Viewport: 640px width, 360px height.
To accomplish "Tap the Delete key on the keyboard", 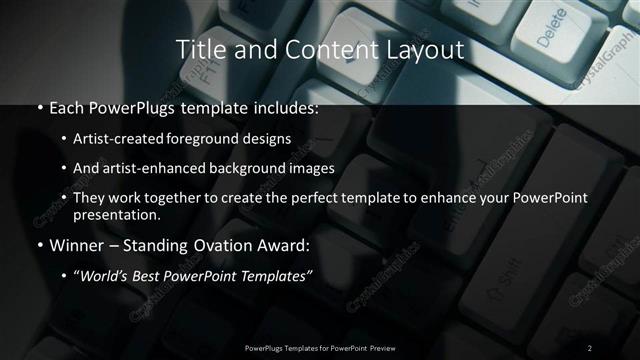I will pyautogui.click(x=551, y=36).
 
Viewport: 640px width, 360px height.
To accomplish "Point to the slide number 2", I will pyautogui.click(x=590, y=347).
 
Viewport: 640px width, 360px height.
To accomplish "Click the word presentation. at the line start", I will pyautogui.click(x=116, y=214).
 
